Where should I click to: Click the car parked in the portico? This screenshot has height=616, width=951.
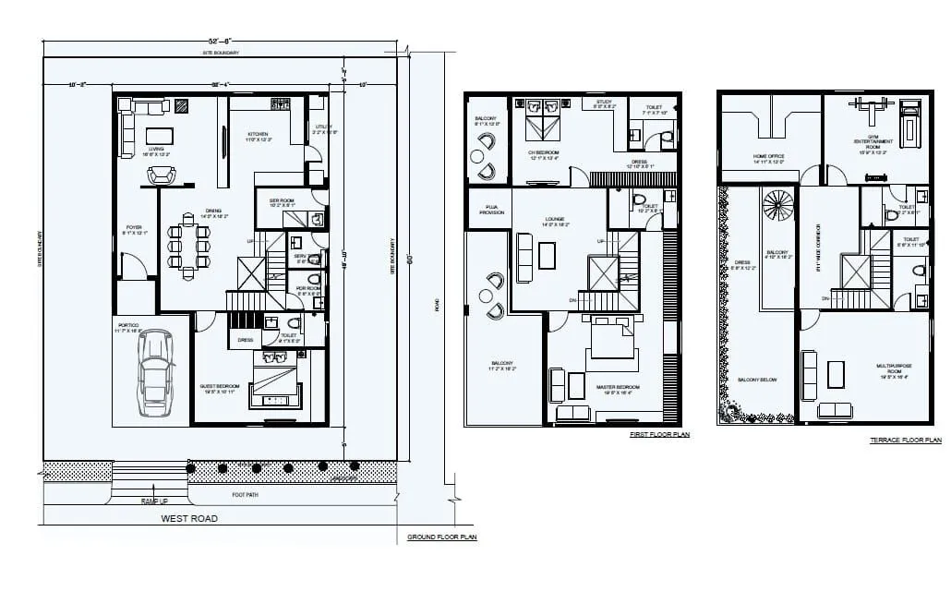click(154, 373)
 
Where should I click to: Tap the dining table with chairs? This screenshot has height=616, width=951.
click(187, 246)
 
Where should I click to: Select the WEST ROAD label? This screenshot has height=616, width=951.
click(189, 518)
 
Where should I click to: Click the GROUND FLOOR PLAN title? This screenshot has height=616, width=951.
click(441, 537)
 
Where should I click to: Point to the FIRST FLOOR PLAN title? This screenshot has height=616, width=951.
click(659, 433)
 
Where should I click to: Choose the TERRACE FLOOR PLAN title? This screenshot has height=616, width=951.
click(905, 441)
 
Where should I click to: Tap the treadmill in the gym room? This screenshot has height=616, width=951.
click(909, 122)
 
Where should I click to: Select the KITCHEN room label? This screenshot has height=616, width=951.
click(258, 135)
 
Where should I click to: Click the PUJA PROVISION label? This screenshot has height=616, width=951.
click(491, 210)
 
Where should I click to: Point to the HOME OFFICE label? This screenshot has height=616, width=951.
click(768, 157)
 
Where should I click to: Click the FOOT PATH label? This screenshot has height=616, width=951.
click(245, 495)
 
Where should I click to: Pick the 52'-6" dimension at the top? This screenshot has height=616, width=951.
click(220, 42)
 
